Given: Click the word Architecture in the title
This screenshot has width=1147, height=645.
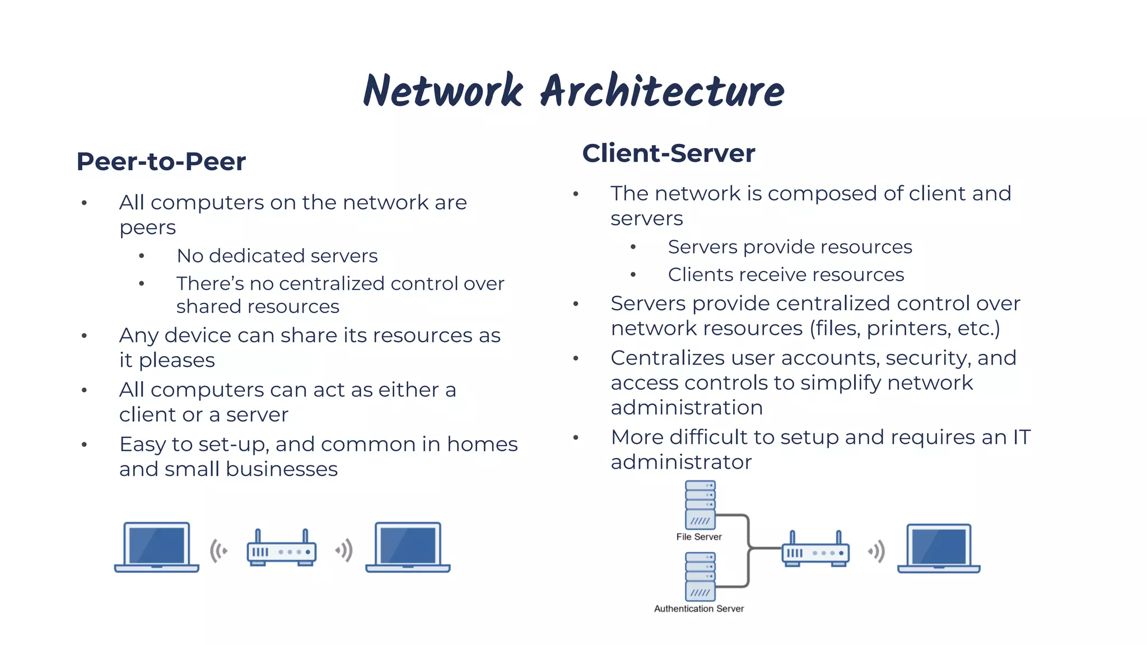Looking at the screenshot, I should pos(662,91).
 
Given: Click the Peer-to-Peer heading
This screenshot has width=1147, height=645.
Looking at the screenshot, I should pos(161,161).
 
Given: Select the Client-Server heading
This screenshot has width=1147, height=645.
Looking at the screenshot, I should pos(668,153).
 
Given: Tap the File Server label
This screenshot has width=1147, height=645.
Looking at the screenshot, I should pos(698,536).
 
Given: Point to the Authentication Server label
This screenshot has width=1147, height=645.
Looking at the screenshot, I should pos(698,609).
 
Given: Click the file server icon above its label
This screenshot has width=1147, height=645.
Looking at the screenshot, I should pos(700,504).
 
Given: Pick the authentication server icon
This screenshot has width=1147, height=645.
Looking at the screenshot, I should pos(700,576).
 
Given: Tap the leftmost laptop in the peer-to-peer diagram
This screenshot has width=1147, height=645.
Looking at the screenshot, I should pos(157,548).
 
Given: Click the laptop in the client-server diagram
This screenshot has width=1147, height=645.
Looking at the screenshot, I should pos(939,549).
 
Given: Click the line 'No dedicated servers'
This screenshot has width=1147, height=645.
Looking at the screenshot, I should pos(277,256).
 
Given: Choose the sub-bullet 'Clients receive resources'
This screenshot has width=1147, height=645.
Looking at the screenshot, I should pos(786,274).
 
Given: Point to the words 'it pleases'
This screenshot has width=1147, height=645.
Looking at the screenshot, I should pos(167,360).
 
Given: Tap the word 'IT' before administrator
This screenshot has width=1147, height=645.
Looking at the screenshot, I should pos(1021,437).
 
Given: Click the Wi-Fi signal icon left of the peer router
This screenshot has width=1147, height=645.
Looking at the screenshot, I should pos(219,551).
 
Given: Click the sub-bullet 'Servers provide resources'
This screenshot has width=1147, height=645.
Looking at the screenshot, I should pos(790,247).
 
